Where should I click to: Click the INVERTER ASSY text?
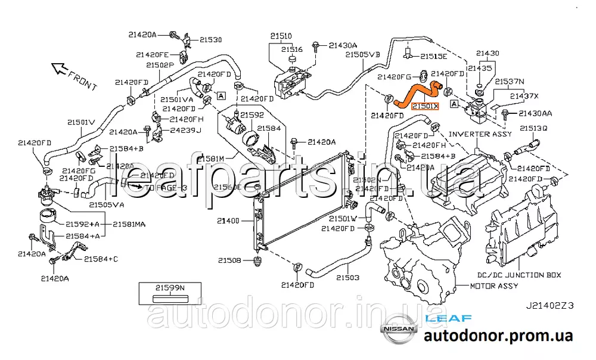click(x=480, y=134)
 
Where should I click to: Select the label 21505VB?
click(x=363, y=54)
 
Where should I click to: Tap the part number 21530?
click(x=210, y=40)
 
